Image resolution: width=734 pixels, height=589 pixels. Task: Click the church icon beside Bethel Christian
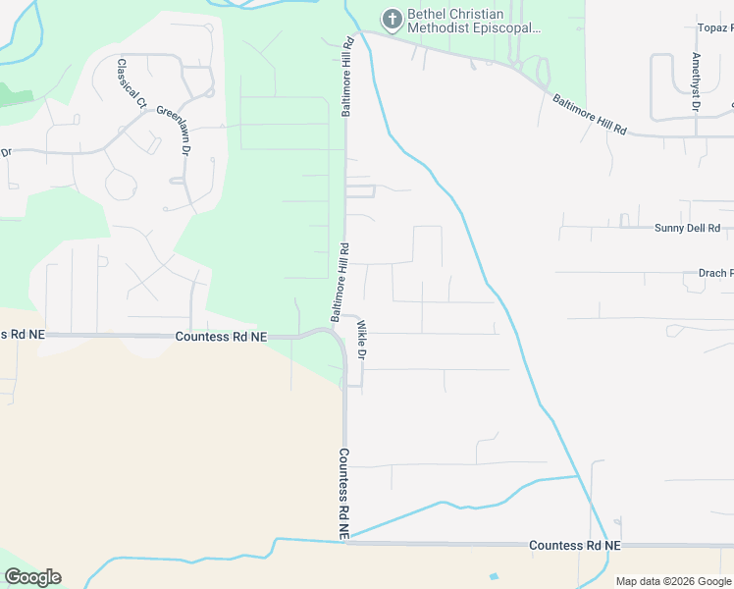point(393,19)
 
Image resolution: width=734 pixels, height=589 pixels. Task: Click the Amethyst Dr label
point(696,81)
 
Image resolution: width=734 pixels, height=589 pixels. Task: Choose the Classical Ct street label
point(131,84)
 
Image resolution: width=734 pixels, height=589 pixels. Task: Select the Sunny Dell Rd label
point(687,228)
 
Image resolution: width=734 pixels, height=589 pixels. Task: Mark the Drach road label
point(712,273)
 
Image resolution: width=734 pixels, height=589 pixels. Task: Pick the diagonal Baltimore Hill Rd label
point(589,114)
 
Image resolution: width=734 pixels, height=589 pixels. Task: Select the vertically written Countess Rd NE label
point(344,494)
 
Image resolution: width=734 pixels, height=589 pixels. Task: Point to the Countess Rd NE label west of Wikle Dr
point(221,337)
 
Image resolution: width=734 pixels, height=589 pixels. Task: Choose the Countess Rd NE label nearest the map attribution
point(574,545)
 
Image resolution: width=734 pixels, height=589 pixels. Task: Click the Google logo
point(32,577)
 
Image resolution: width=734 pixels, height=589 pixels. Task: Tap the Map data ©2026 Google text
point(673,581)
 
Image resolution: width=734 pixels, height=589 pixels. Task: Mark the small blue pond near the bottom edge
point(493,575)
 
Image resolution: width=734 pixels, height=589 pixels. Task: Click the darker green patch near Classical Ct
point(16,95)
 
